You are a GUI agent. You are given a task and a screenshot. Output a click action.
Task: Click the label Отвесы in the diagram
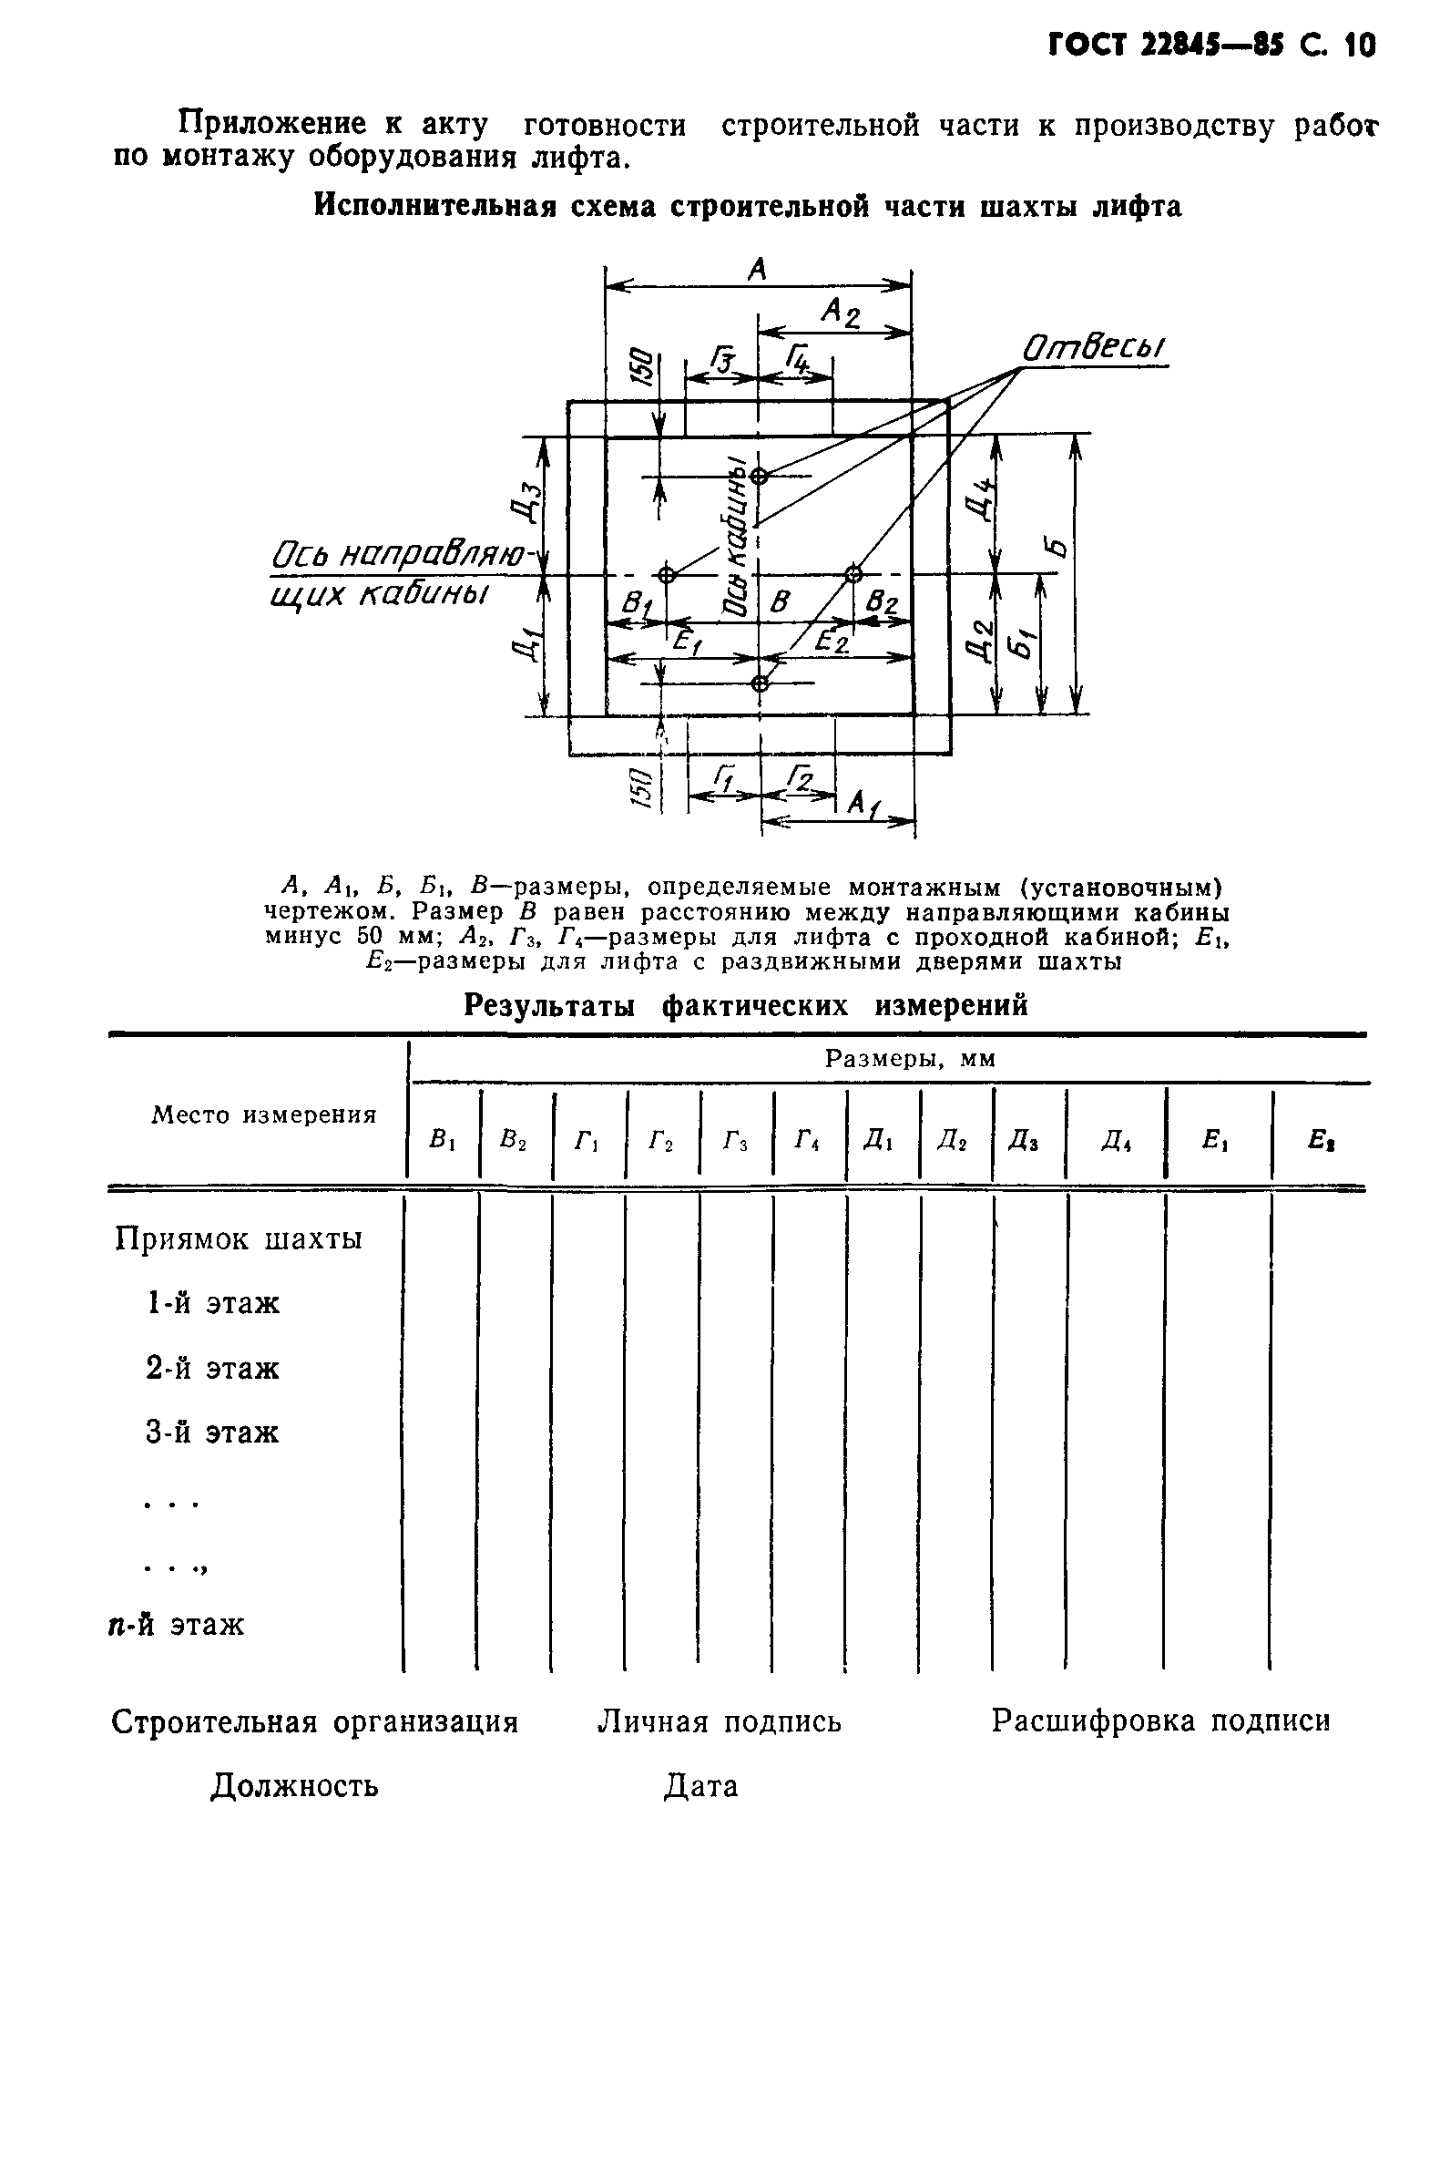point(1093,350)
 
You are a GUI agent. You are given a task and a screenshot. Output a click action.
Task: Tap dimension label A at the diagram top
point(758,269)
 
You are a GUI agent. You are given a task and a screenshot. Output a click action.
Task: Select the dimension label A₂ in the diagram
point(841,313)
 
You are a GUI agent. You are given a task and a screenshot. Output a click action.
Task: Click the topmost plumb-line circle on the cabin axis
point(760,477)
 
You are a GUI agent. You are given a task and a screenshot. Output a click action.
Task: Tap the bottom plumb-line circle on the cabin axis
point(760,683)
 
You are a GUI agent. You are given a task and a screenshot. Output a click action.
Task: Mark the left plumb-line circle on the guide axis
point(667,574)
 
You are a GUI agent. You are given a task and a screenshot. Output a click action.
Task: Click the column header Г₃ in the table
point(735,1143)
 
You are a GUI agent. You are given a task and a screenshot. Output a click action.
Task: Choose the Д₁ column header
point(882,1143)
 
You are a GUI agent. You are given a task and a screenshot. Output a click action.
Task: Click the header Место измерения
point(263,1114)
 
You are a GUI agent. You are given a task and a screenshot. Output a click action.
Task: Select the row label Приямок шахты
point(239,1238)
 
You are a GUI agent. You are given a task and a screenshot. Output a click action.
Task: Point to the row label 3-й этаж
point(212,1433)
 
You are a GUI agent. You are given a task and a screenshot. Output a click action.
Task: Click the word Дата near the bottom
point(701,1786)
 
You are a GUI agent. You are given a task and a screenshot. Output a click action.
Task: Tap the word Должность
point(294,1786)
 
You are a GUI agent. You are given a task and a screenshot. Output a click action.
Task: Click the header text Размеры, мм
point(910,1059)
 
